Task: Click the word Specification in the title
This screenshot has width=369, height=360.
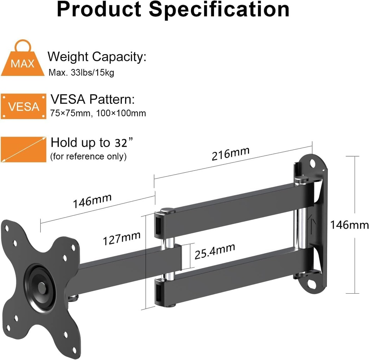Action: point(220,10)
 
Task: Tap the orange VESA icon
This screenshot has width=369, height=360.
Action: point(23,107)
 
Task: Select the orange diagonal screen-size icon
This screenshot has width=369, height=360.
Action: point(23,149)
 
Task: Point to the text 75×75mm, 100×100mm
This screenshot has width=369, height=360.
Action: point(98,113)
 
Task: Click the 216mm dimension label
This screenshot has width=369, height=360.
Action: point(231,153)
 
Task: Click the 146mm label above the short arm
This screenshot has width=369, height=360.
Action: point(92,201)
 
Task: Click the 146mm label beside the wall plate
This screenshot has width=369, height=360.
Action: point(349,225)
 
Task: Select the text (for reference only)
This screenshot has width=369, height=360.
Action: point(89,157)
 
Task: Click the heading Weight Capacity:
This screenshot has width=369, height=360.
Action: point(97,57)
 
